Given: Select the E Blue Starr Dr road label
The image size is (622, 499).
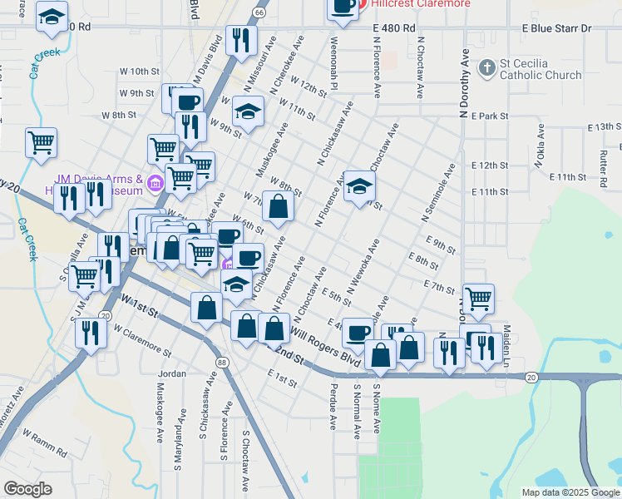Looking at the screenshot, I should point(556,28).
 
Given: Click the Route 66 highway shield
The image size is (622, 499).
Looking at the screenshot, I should point(259,12).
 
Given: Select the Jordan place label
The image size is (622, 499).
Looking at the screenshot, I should point(172,374).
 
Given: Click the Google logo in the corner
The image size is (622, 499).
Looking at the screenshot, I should point(27,489).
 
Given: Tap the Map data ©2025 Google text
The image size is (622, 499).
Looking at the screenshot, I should point(570,492).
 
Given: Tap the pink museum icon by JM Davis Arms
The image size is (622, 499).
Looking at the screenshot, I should point(155,182).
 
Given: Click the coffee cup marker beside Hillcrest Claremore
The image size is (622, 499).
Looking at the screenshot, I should point(342,7).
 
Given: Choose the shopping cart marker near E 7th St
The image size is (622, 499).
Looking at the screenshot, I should point(478,299).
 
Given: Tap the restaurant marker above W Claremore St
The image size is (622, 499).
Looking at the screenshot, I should point(91,333).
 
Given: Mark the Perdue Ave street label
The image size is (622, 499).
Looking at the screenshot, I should point(333,413).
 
